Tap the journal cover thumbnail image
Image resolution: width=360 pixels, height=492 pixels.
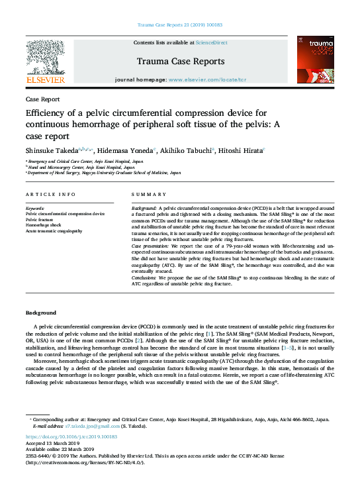(x=315, y=60)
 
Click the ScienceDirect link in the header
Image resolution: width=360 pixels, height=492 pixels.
(x=212, y=42)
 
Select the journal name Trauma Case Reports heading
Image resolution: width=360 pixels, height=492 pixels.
(x=180, y=62)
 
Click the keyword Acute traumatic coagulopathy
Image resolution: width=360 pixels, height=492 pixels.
(x=54, y=231)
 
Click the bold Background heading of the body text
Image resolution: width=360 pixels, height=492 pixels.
(x=41, y=312)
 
